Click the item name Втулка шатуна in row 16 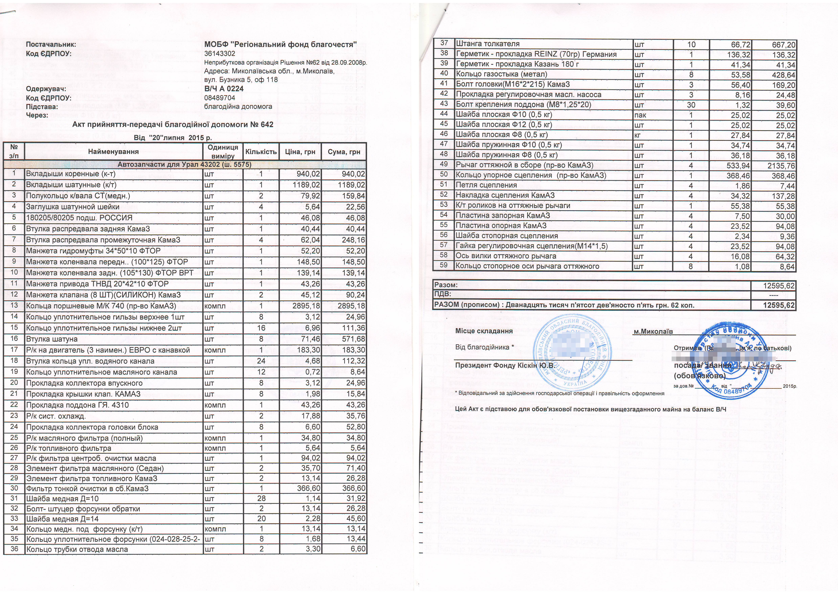pyautogui.click(x=52, y=339)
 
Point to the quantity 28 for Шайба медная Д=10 pyautogui.click(x=261, y=498)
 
